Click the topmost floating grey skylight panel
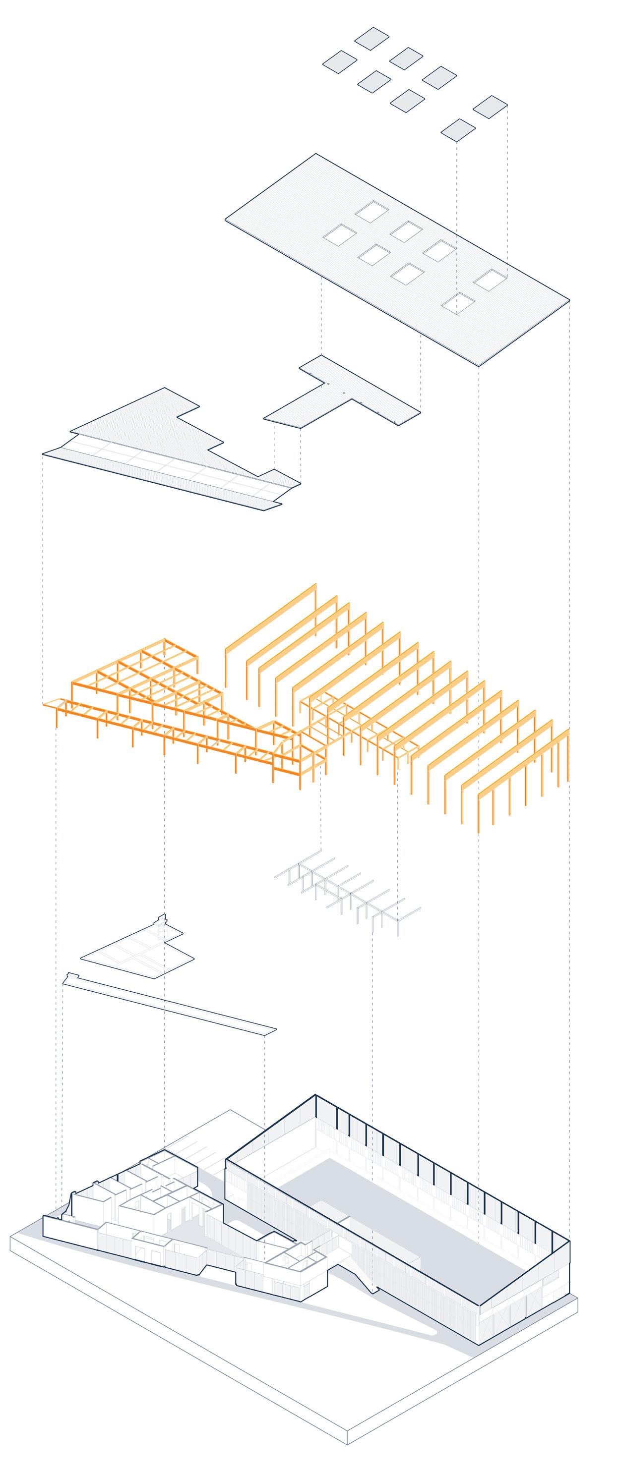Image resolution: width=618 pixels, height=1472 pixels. [x=371, y=39]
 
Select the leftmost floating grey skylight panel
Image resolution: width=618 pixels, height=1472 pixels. [x=340, y=61]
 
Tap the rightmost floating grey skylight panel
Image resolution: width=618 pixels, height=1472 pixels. [x=491, y=107]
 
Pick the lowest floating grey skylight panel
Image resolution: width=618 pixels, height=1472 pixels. [x=458, y=130]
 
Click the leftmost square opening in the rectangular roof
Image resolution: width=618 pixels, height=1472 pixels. [x=340, y=234]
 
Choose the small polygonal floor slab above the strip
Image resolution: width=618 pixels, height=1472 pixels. [x=137, y=949]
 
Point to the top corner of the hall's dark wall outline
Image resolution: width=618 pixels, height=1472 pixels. [x=315, y=1095]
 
